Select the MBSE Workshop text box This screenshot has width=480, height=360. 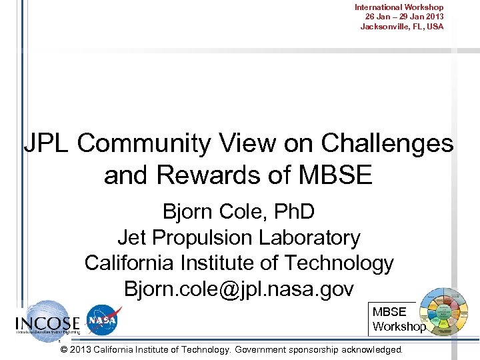(x=399, y=319)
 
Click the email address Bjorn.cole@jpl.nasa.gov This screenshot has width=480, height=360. (x=239, y=289)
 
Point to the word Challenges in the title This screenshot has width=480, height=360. (x=387, y=143)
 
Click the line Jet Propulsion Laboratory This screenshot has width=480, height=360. (x=239, y=237)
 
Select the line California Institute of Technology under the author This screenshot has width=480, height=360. (x=239, y=263)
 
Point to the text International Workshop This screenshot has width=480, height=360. (x=399, y=7)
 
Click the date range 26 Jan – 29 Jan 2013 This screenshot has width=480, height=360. (x=404, y=17)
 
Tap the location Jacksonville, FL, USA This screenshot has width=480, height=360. (x=401, y=27)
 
